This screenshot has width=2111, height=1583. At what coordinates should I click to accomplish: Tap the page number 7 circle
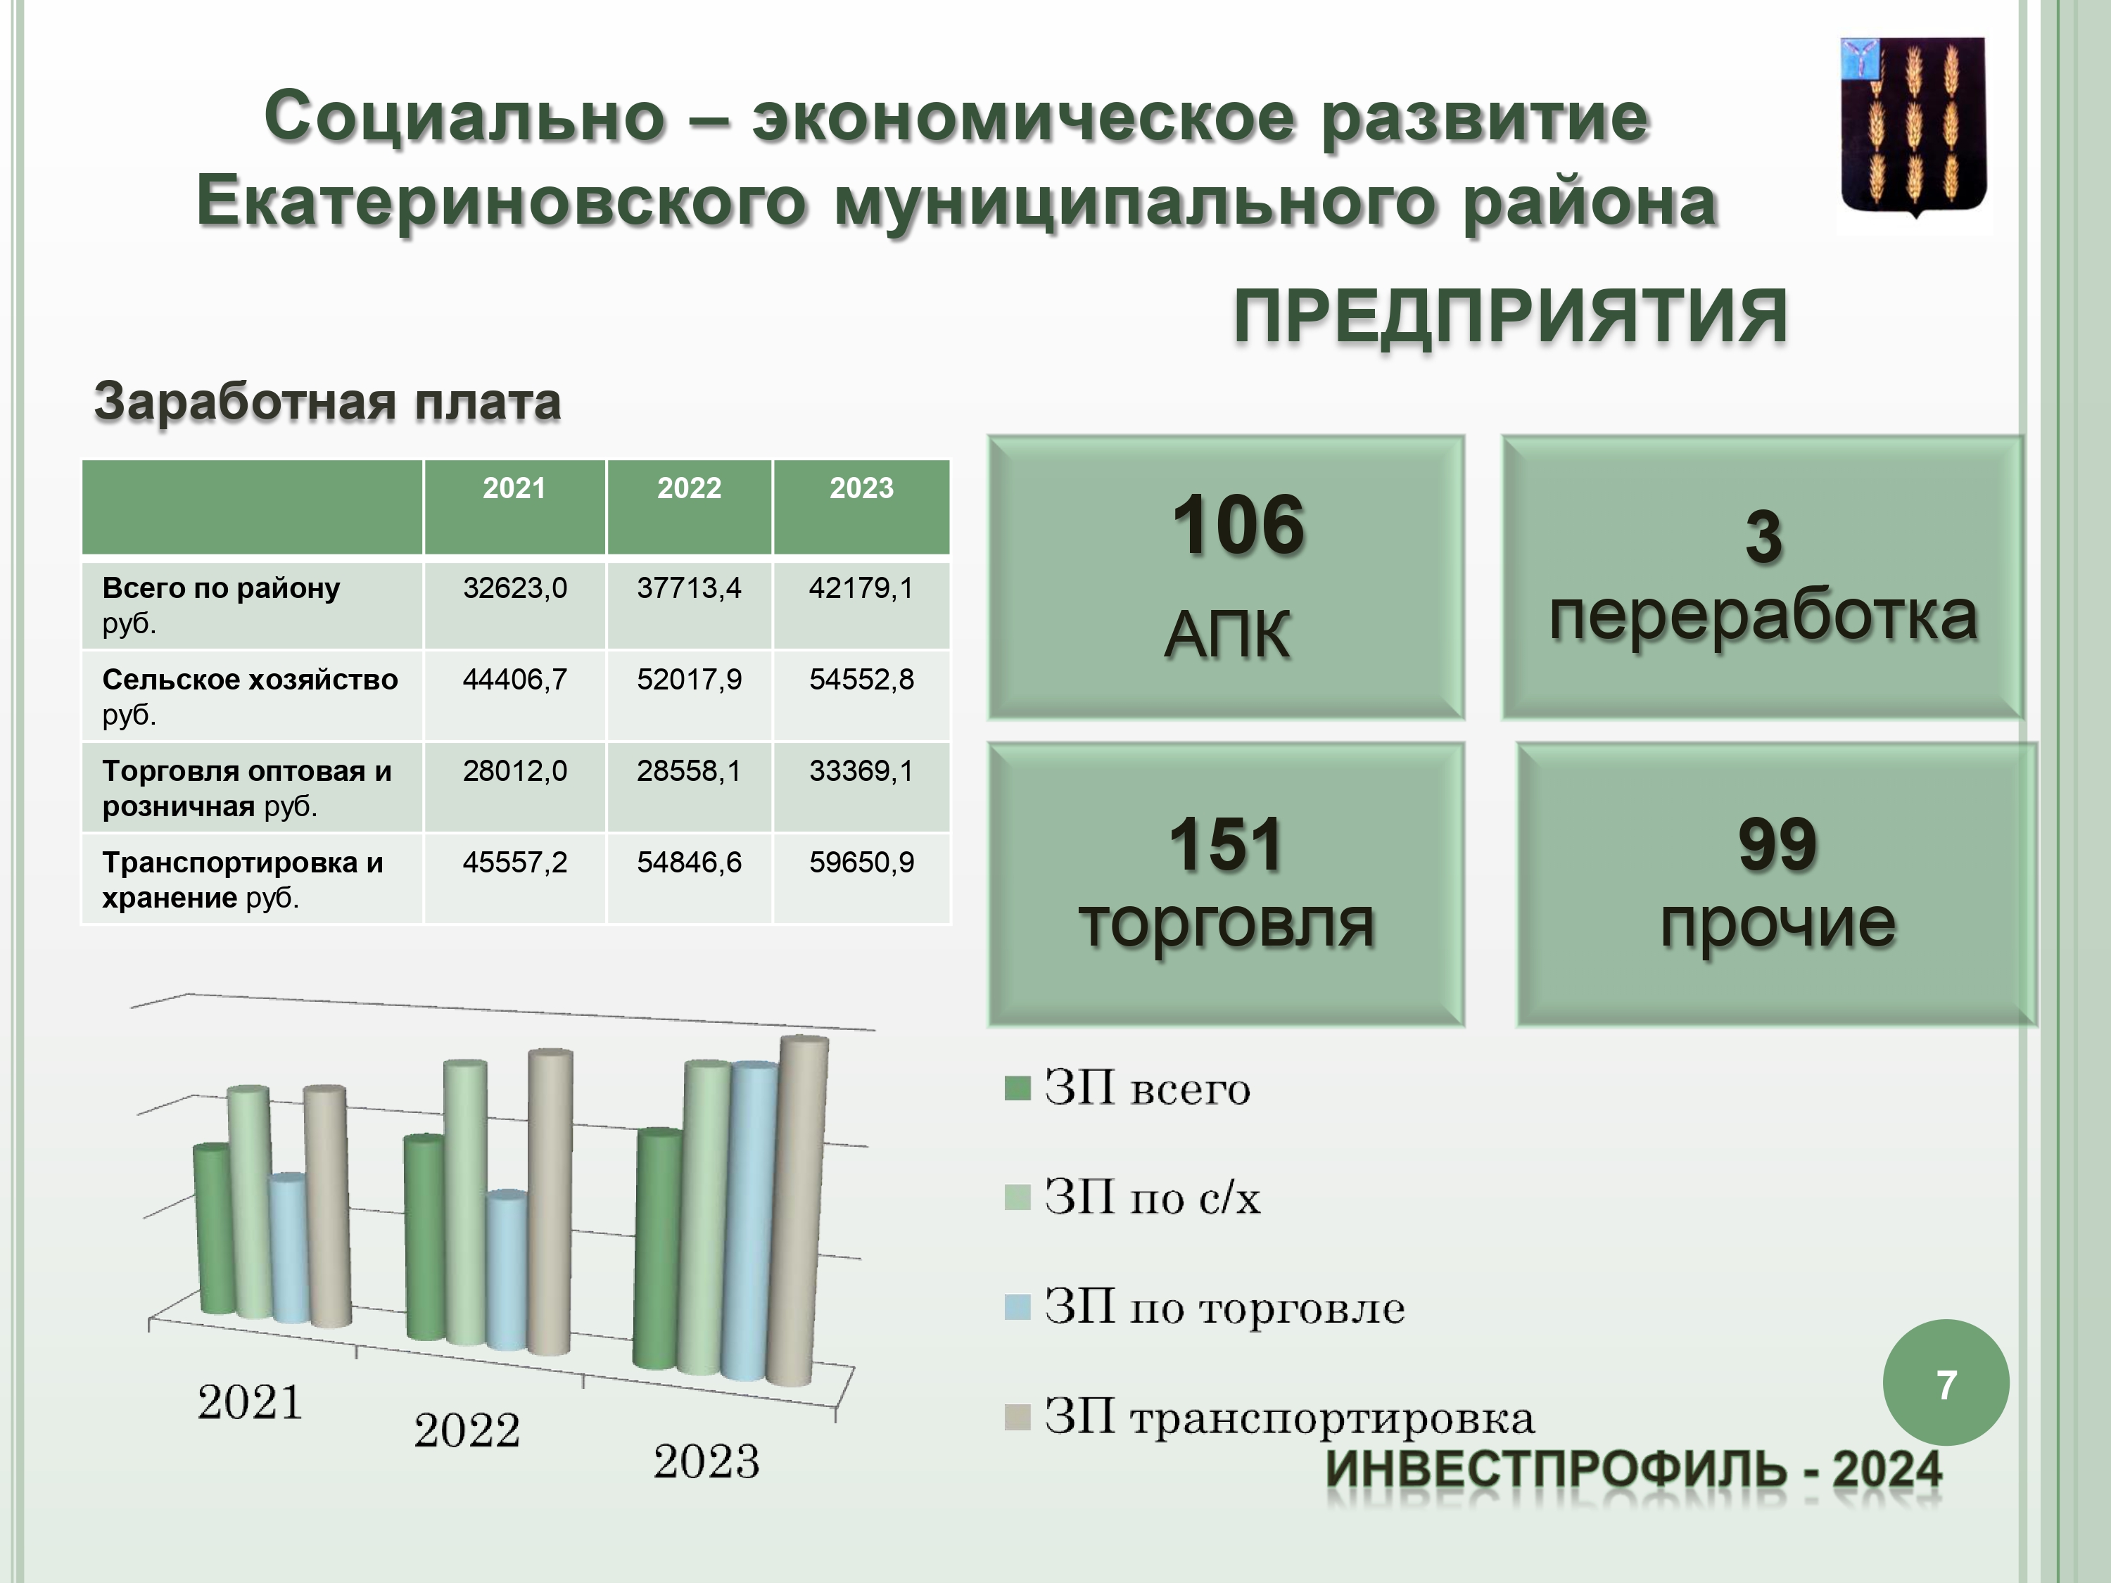click(x=1946, y=1384)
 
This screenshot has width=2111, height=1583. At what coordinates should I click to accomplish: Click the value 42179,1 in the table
click(x=861, y=587)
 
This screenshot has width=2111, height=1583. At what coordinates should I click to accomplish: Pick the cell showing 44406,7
click(x=514, y=680)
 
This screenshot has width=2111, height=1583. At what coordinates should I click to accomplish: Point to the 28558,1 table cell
click(x=689, y=771)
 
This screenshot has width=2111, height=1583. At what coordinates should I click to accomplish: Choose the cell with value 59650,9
click(x=861, y=863)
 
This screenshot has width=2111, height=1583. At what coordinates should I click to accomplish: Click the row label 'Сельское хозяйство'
click(x=250, y=680)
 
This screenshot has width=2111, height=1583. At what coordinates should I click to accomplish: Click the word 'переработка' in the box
click(x=1763, y=616)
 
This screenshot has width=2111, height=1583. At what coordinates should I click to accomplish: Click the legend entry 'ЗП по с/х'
click(x=1133, y=1197)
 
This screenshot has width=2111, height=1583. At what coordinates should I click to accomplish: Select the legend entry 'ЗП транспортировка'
click(x=1269, y=1417)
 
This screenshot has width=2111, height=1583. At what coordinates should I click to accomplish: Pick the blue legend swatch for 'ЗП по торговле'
click(x=1018, y=1307)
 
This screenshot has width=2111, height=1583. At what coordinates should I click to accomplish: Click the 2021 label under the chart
click(x=250, y=1403)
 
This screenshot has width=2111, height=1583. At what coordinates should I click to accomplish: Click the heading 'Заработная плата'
click(x=327, y=401)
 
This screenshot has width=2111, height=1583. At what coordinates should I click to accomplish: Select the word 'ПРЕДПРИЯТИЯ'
click(x=1510, y=317)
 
